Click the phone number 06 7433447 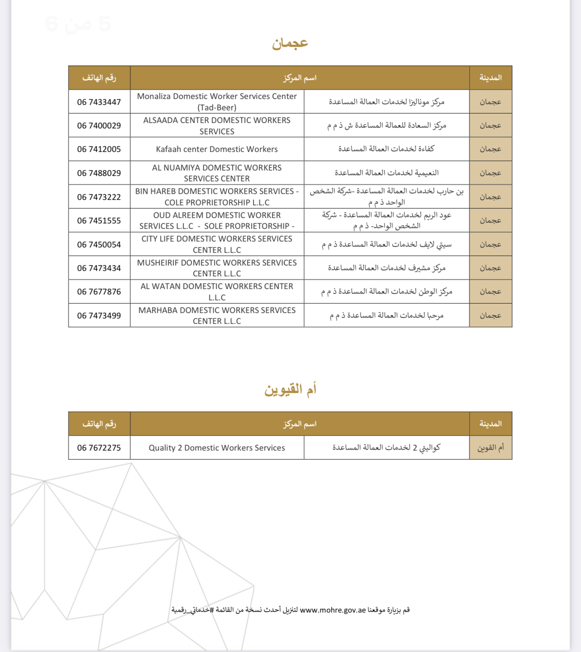tap(99, 102)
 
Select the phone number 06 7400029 tap(99, 126)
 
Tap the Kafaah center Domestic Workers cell tap(217, 149)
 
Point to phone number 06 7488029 tap(99, 173)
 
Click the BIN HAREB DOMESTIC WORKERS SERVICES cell tap(217, 197)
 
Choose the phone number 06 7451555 tap(99, 221)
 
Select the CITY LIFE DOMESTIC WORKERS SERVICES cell tap(217, 244)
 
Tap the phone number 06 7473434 tap(99, 268)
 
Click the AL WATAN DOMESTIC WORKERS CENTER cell tap(217, 292)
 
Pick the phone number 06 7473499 tap(99, 316)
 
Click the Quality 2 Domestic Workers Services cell tap(217, 448)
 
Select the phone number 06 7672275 tap(99, 448)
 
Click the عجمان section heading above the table tap(290, 43)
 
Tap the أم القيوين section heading tap(290, 390)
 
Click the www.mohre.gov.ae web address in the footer tap(333, 610)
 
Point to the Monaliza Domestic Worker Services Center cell tap(217, 102)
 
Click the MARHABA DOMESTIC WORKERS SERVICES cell tap(217, 316)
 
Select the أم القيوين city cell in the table tap(491, 448)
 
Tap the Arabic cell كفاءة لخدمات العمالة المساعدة tap(386, 149)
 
